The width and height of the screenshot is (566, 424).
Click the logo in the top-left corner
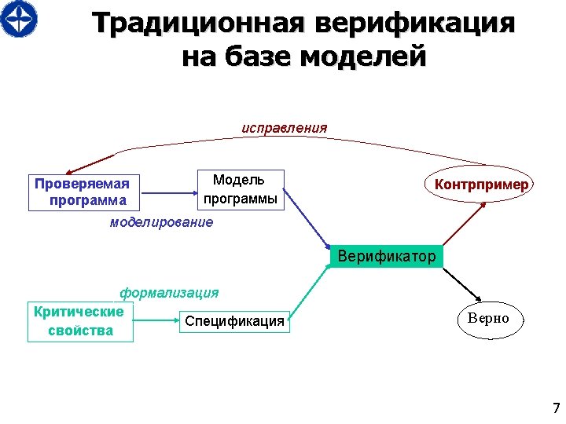point(19,19)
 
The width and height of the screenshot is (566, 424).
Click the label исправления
point(284,127)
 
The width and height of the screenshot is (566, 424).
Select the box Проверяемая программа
point(83,192)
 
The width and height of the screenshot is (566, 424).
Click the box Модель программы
point(240,189)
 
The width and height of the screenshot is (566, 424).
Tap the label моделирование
point(161,222)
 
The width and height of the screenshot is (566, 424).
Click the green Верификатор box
point(386,256)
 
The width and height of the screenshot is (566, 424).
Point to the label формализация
point(169,293)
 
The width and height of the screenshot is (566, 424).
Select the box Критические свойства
point(80,321)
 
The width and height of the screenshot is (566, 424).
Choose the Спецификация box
point(234,321)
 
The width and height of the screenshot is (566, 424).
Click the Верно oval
point(488,319)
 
